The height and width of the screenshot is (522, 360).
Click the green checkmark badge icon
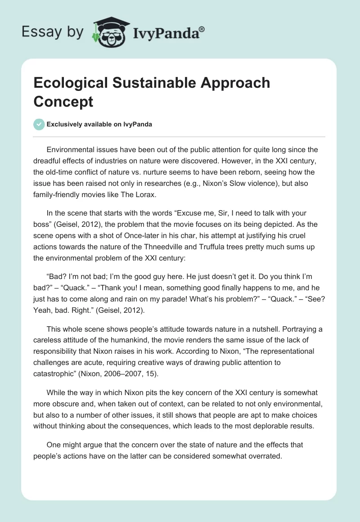[x=39, y=124]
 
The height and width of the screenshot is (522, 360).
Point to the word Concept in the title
[x=63, y=101]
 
